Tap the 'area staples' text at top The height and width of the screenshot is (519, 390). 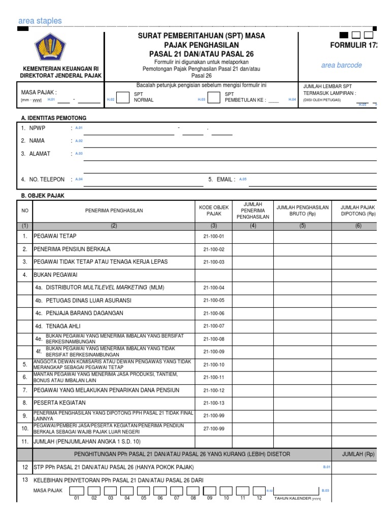click(x=40, y=21)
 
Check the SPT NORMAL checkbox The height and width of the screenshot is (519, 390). click(x=123, y=97)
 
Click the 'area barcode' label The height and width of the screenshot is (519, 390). click(x=341, y=65)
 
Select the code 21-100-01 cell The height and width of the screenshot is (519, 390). click(x=213, y=236)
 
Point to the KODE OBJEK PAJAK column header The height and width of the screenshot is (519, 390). click(x=213, y=211)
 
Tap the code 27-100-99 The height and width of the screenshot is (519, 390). click(x=213, y=429)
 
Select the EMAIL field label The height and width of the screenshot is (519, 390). click(x=225, y=179)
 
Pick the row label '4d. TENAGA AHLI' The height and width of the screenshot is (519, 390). click(x=58, y=326)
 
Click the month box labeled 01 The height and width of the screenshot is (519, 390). click(x=77, y=491)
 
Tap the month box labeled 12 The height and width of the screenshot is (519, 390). click(x=259, y=491)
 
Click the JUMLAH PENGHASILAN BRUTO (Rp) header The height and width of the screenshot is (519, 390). click(x=302, y=211)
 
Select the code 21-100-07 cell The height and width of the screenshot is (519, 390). click(x=213, y=326)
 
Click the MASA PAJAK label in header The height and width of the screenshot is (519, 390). click(x=39, y=92)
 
